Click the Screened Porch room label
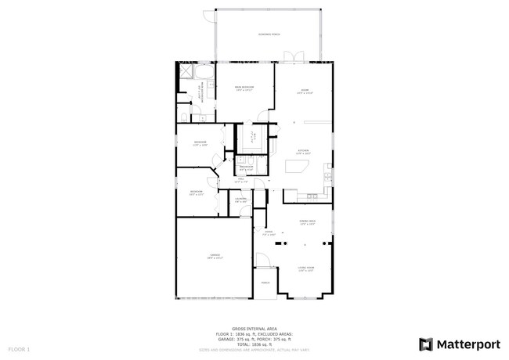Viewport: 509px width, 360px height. [269, 34]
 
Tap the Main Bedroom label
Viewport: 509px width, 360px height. [244, 88]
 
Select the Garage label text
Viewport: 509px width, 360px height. [215, 256]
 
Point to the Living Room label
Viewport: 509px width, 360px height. [305, 268]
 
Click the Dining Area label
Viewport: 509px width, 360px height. [307, 222]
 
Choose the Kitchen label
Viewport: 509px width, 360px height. [303, 152]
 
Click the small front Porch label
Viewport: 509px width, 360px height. [265, 283]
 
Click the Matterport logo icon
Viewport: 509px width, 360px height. [427, 344]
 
